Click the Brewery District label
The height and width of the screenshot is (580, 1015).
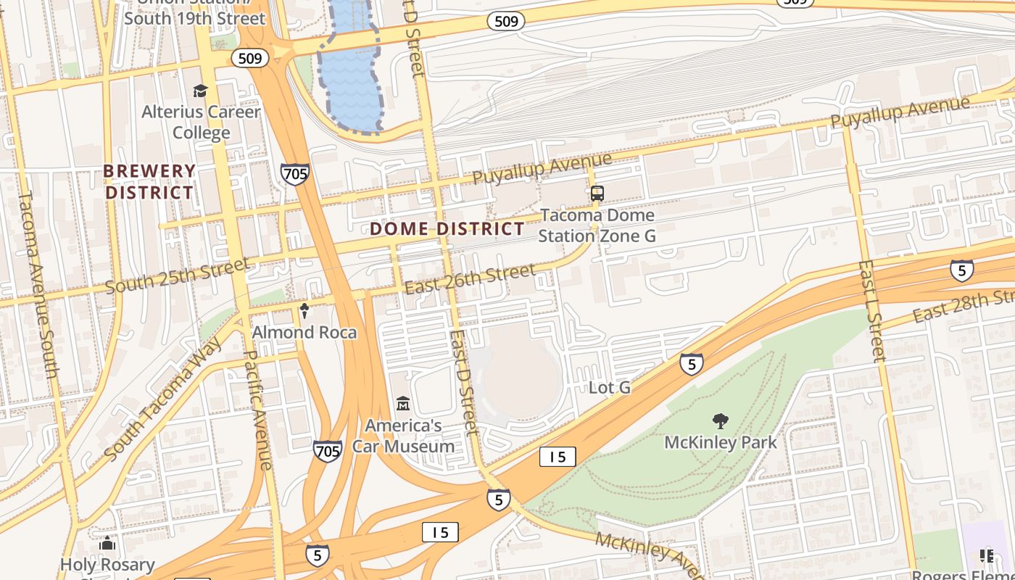coord(150,182)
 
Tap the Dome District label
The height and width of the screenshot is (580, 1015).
coord(447,229)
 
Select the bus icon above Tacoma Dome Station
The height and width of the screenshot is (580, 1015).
coord(597,194)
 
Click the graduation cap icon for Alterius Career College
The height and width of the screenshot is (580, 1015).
coord(200,91)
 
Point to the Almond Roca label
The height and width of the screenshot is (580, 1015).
coord(304,333)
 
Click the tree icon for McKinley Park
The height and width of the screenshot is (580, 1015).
coord(720,420)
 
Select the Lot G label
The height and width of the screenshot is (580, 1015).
coord(609,388)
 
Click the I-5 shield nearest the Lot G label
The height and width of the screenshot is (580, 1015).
coord(691,363)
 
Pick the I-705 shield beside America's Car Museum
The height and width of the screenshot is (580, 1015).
coord(328,451)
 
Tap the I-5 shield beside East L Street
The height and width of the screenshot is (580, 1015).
coord(961,270)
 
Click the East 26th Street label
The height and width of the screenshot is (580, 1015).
coord(470,279)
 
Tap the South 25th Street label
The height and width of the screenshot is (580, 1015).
coord(177,275)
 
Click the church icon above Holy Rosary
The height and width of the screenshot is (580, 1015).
coord(107,543)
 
